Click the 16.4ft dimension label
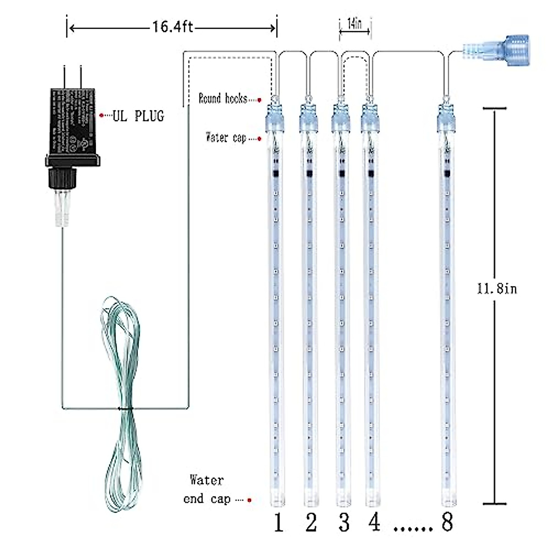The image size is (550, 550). click(x=173, y=27)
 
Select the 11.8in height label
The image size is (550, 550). click(x=497, y=289)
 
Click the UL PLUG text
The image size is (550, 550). click(x=138, y=116)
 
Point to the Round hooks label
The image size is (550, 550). click(x=223, y=99)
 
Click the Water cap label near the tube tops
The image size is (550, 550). click(x=226, y=137)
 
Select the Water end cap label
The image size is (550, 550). click(x=207, y=489)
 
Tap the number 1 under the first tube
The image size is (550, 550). click(x=278, y=523)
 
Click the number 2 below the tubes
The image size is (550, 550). click(x=311, y=523)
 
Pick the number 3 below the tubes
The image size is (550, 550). click(x=344, y=523)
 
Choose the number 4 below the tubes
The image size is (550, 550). click(x=375, y=522)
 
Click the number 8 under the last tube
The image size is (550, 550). click(x=447, y=522)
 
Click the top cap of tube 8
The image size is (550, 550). click(x=446, y=117)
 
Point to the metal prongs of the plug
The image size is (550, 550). click(x=72, y=76)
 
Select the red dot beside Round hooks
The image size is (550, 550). click(x=259, y=99)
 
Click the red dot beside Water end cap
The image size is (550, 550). click(x=250, y=500)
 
